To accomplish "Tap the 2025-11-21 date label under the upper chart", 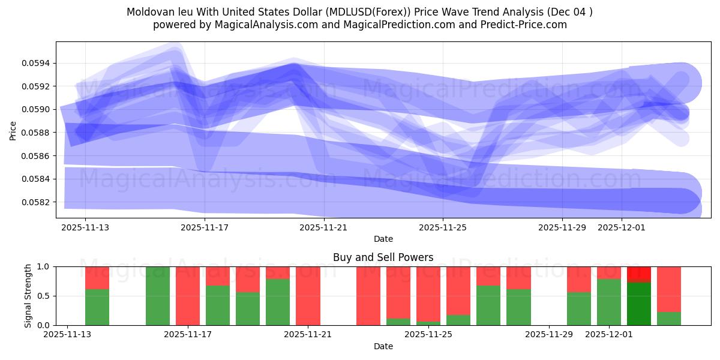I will point(324,228).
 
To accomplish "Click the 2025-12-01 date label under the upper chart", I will point(622,228).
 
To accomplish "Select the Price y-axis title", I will point(13,130).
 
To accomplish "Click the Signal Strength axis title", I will point(28,296).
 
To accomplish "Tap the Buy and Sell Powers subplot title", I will point(383,257).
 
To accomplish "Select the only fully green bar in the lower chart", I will point(158,296).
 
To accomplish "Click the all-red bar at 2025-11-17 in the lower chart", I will point(188,296).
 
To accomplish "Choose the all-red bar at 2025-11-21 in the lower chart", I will point(308,296).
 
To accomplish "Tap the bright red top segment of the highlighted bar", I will point(639,274).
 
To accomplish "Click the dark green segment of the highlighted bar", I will point(639,304).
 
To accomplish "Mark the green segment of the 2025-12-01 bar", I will point(609,302).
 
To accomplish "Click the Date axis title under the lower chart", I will point(383,346).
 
